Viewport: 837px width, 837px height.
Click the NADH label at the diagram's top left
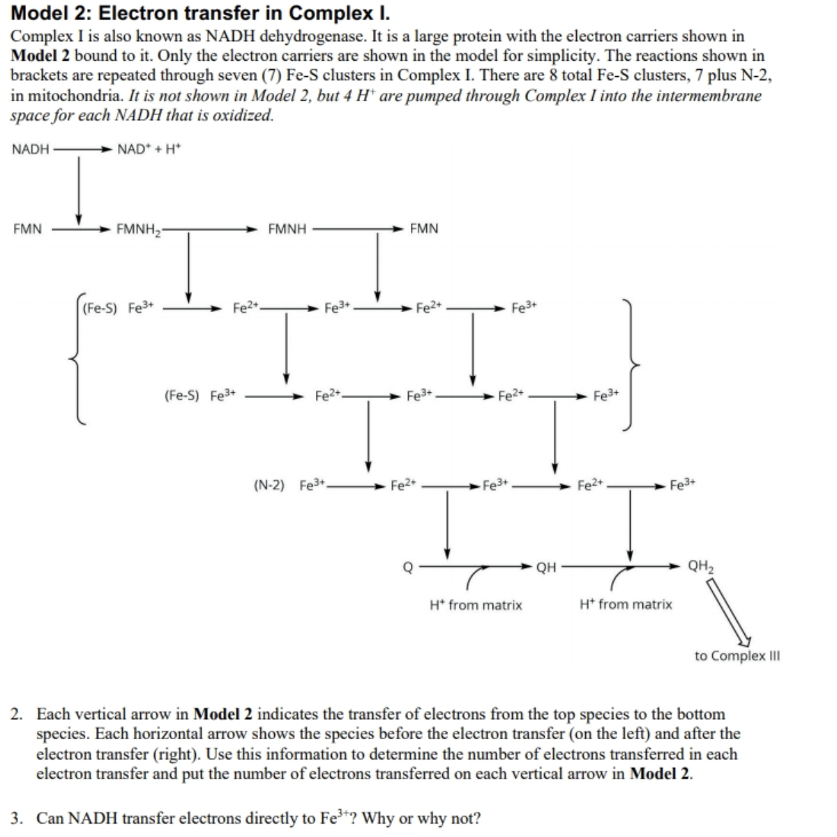coord(31,149)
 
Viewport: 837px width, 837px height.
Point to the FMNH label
coord(287,229)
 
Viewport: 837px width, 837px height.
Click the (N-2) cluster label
coord(269,485)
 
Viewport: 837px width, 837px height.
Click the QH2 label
coord(701,566)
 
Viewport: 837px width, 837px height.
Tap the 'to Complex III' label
coord(737,656)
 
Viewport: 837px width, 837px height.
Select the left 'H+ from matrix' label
coord(476,605)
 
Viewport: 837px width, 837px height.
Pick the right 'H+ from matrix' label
coord(626,605)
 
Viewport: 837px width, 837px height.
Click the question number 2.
coord(16,714)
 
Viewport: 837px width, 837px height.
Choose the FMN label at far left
coord(27,229)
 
